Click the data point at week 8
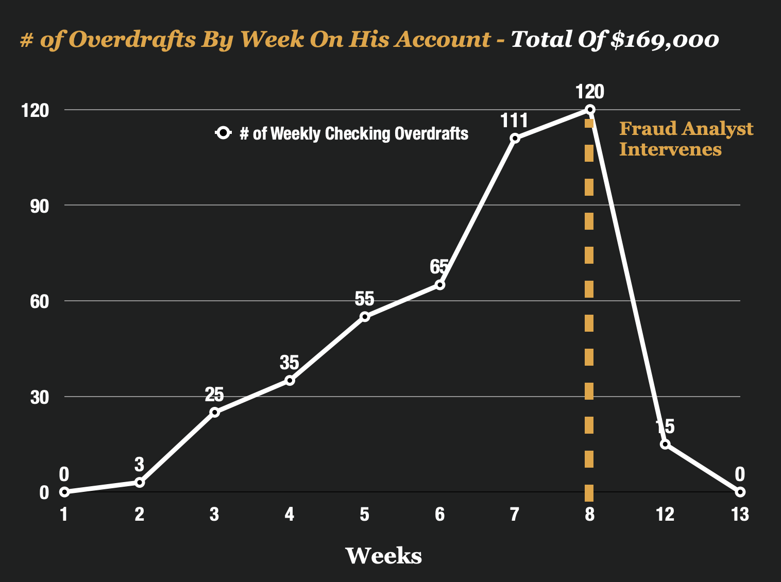[x=590, y=109]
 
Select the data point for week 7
[x=515, y=138]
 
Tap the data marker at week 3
[x=214, y=412]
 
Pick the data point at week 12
[x=665, y=444]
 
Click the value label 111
[x=514, y=121]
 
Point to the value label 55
[x=364, y=299]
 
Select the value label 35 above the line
[x=289, y=363]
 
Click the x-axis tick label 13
[x=740, y=514]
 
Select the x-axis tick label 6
[x=439, y=514]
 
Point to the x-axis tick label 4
[x=289, y=514]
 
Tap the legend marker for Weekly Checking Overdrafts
[x=223, y=133]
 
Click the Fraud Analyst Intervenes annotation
[x=685, y=139]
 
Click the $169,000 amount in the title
[x=664, y=40]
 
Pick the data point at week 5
[x=365, y=316]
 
